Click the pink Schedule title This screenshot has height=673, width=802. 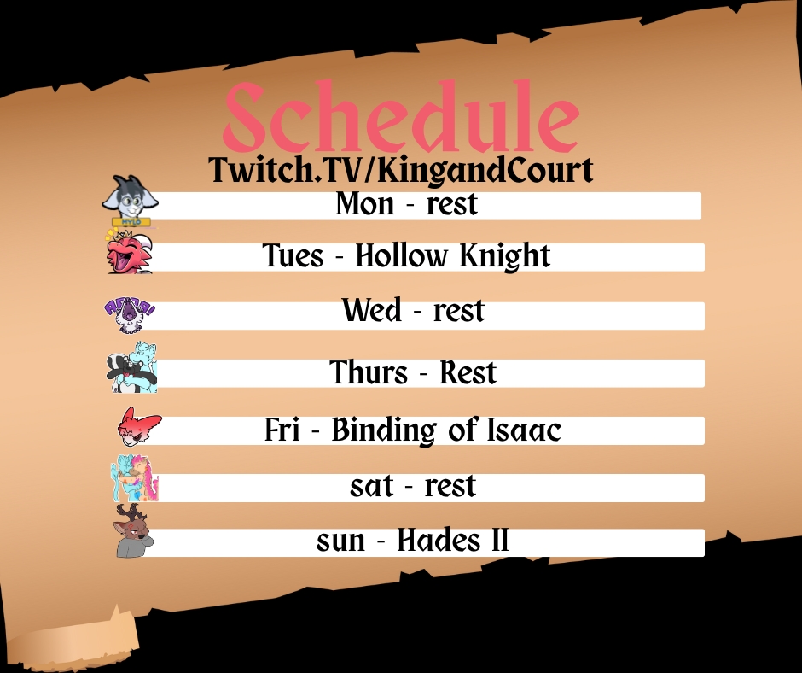[402, 116]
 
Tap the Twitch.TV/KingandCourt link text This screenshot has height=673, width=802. [400, 170]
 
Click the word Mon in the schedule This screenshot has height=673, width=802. [365, 204]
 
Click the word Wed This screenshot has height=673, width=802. [372, 310]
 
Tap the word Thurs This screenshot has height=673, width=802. [369, 372]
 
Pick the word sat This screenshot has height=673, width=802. [371, 486]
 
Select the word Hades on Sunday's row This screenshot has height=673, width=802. [439, 541]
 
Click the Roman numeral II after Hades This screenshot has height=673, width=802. [500, 541]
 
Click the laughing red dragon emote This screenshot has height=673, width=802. [130, 252]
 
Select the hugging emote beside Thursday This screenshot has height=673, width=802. [132, 368]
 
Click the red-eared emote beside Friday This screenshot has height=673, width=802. [138, 427]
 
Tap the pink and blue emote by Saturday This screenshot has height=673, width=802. [135, 478]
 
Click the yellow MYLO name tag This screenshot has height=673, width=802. [131, 222]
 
